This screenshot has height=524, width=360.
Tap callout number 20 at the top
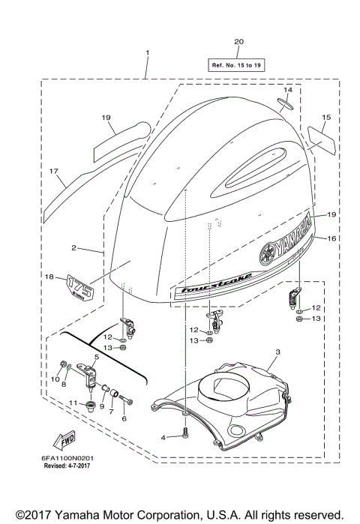[x=238, y=41]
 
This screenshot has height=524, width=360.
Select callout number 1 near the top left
[x=147, y=52]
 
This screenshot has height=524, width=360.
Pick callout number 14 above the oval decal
[x=287, y=90]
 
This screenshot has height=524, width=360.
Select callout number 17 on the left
[x=53, y=172]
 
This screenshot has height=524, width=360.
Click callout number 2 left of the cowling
[x=73, y=247]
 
